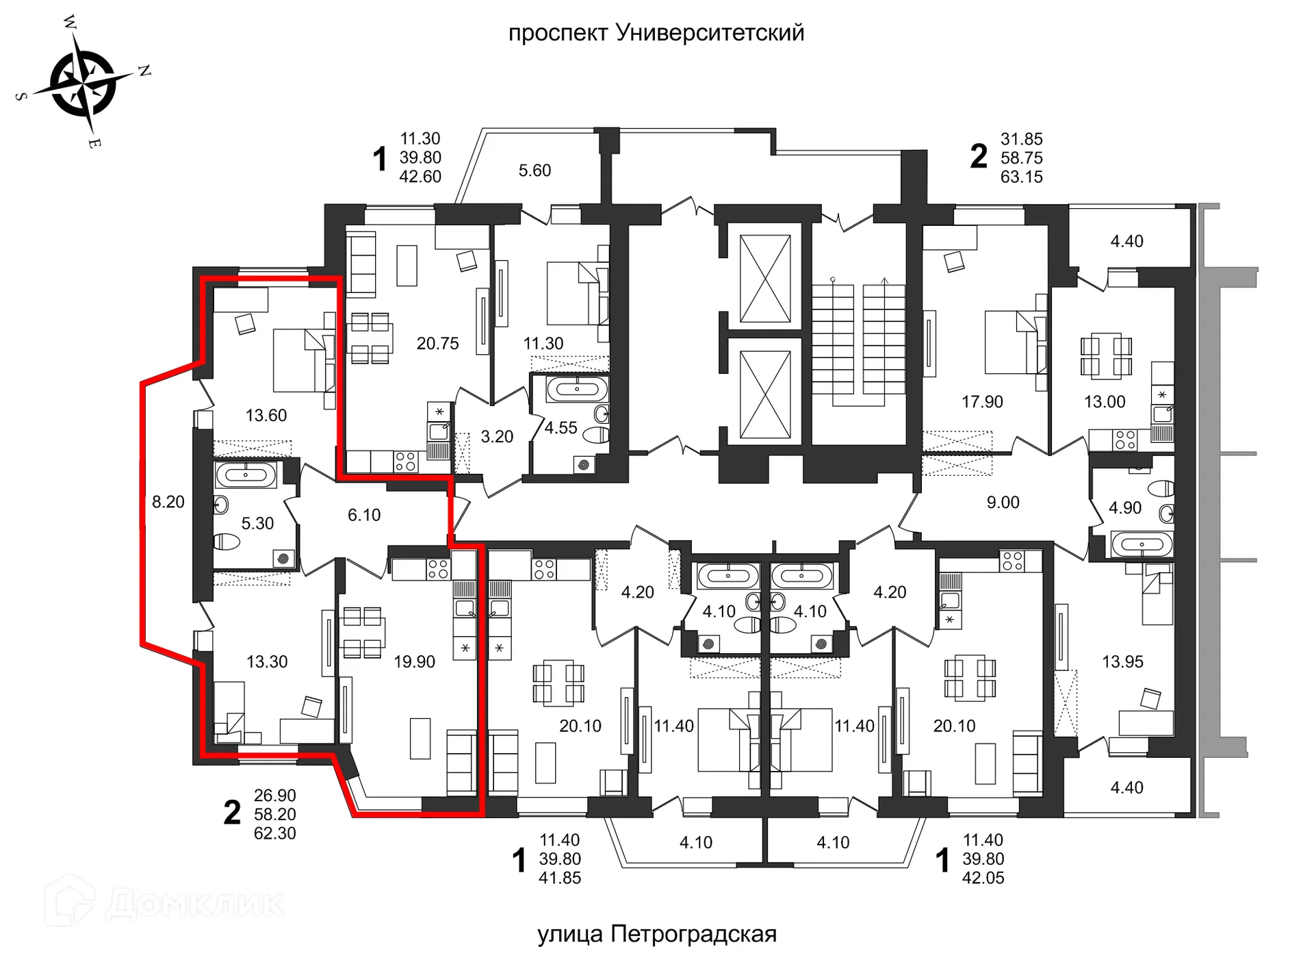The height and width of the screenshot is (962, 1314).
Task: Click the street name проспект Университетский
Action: [x=656, y=33]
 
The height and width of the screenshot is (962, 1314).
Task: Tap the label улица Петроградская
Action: [x=656, y=934]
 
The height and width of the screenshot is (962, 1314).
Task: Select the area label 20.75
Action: [x=437, y=344]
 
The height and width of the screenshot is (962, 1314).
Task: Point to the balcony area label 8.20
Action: [x=168, y=502]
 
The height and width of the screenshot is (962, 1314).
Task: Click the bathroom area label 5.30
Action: [x=257, y=523]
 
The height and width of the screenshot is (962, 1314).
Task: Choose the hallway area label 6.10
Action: [x=364, y=515]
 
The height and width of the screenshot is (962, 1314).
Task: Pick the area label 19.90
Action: [x=414, y=661]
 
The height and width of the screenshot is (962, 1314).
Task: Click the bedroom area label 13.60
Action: [x=266, y=415]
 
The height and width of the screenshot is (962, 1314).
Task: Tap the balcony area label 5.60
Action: [x=534, y=170]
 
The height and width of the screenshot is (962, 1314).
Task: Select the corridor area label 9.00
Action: [x=1003, y=502]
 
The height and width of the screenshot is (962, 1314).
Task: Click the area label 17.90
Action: [x=982, y=402]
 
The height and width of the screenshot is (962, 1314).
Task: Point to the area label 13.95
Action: [x=1122, y=661]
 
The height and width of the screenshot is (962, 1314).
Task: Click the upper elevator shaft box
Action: [x=765, y=278]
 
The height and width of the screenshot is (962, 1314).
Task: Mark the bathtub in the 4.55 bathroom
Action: [x=577, y=390]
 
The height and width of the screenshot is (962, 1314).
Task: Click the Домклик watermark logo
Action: [x=164, y=902]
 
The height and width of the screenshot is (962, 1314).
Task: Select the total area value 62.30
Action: [x=274, y=833]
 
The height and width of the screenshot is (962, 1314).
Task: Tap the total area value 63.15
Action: [x=1021, y=177]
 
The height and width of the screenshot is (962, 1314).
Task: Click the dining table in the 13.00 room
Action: [x=1106, y=356]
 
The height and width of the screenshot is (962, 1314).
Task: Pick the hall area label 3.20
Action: [x=497, y=436]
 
